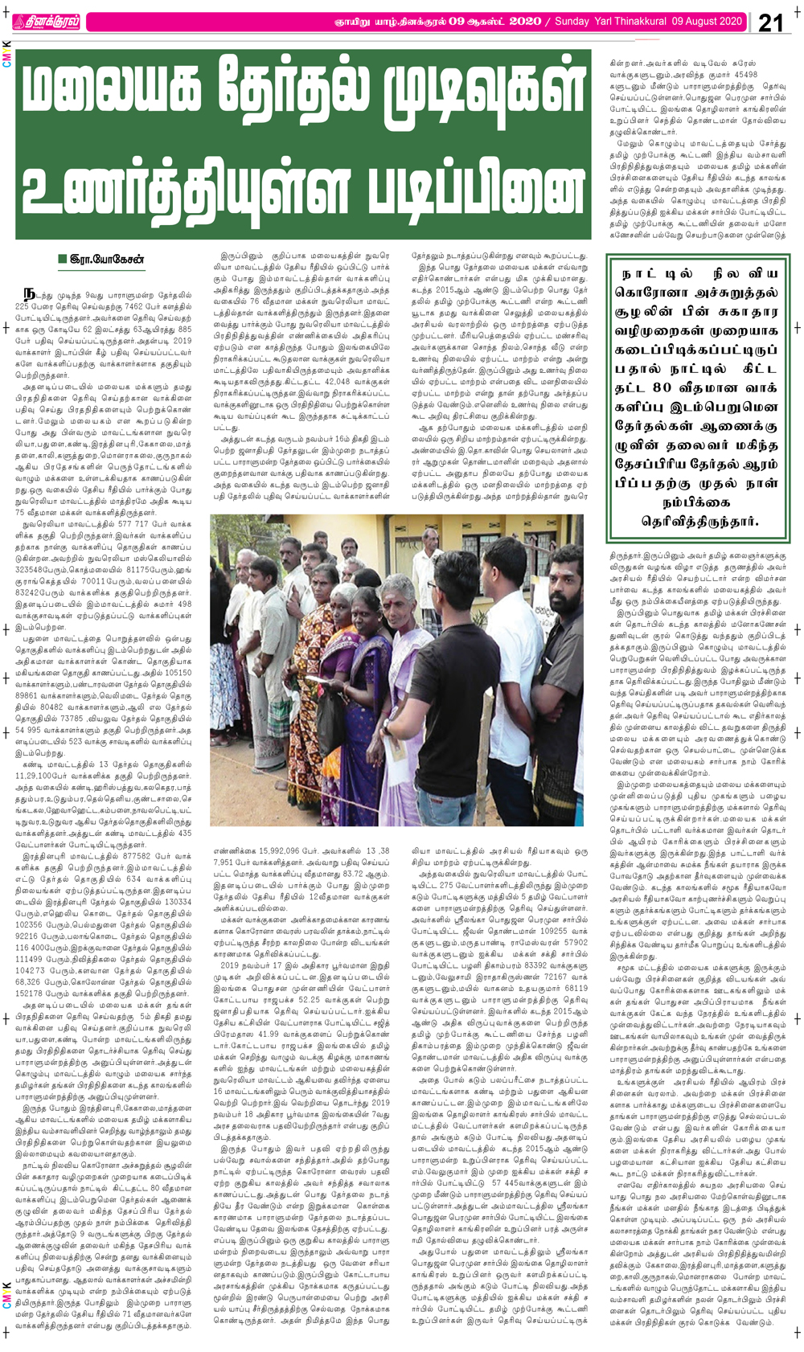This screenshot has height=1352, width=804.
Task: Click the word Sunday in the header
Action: click(572, 22)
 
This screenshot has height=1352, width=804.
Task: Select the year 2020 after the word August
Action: click(726, 22)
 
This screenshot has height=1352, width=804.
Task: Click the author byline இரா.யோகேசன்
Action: click(107, 259)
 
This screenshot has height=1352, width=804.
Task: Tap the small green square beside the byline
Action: click(61, 259)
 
